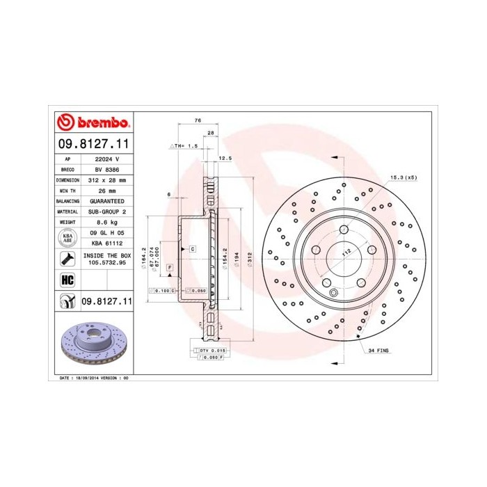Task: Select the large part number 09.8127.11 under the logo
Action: click(93, 145)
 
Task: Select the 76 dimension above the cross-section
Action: click(198, 122)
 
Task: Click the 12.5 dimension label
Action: click(225, 159)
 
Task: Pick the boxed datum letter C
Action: click(191, 248)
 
